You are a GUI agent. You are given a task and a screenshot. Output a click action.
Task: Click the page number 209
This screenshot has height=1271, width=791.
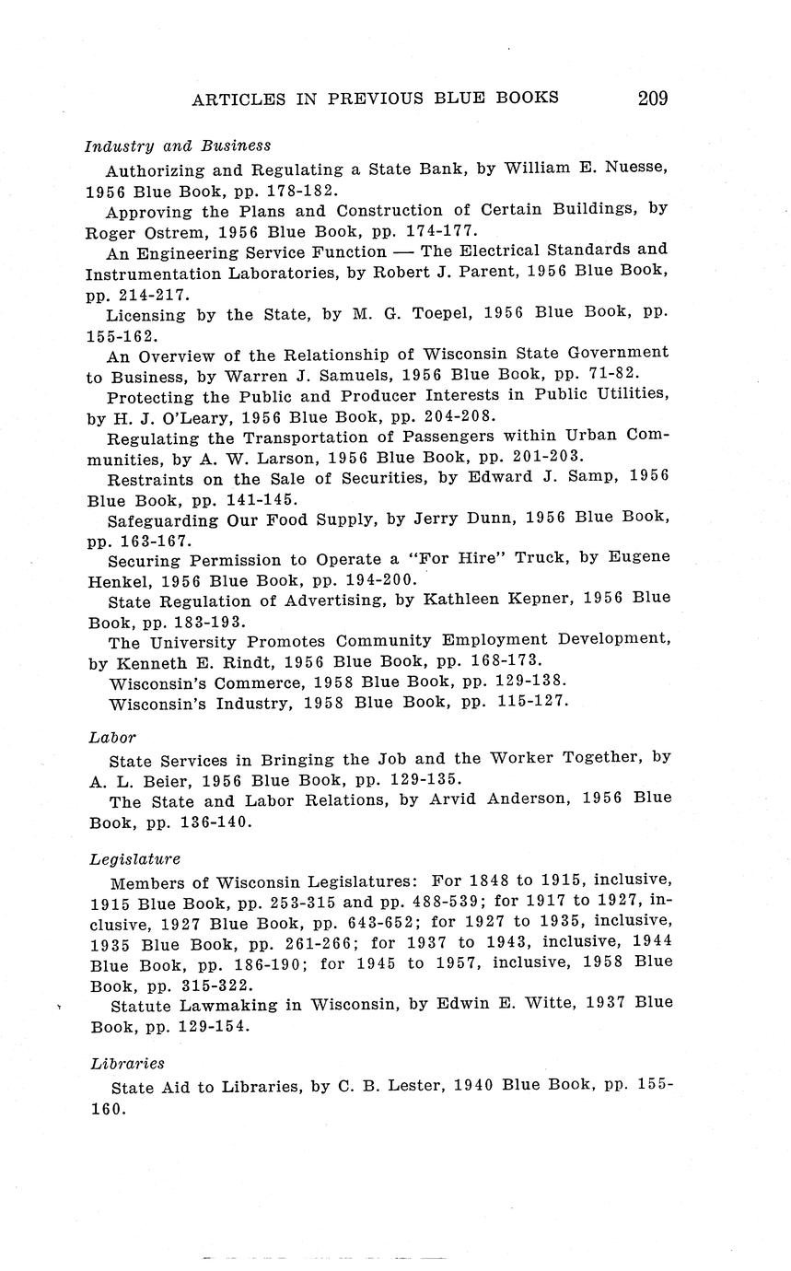[x=652, y=98]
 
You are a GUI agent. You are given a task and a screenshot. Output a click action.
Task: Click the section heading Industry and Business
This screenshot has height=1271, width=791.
[x=178, y=146]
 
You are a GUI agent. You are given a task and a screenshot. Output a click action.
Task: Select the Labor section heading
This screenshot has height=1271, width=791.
[x=112, y=737]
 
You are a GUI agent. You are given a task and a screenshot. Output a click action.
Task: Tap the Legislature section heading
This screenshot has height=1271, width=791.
[x=135, y=859]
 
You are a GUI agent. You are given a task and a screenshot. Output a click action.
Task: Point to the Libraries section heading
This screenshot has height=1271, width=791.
[x=127, y=1064]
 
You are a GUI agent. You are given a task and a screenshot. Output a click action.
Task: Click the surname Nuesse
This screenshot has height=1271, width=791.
[x=634, y=169]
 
